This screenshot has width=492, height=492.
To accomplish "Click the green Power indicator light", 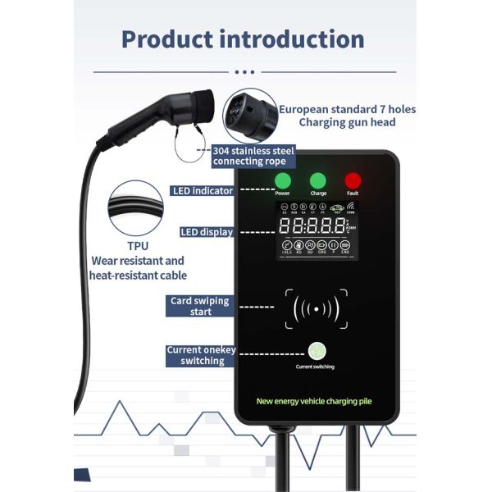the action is pyautogui.click(x=283, y=180).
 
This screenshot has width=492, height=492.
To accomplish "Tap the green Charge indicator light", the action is pyautogui.click(x=318, y=180).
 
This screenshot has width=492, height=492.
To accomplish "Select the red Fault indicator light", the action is pyautogui.click(x=353, y=180).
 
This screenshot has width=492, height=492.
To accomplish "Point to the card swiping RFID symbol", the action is pyautogui.click(x=316, y=308).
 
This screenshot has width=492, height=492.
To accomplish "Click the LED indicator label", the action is pyautogui.click(x=203, y=191).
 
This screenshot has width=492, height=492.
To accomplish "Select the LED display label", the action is pyautogui.click(x=207, y=232).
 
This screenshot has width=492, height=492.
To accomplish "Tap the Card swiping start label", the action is pyautogui.click(x=199, y=306).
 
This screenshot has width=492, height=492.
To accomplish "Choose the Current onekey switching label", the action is pyautogui.click(x=200, y=355).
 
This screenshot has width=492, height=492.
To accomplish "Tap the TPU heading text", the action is pyautogui.click(x=137, y=245).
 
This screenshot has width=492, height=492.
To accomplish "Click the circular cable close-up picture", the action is pyautogui.click(x=136, y=208).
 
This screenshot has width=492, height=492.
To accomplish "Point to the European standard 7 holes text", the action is pyautogui.click(x=347, y=108).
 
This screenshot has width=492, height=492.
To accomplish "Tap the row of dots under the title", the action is pyautogui.click(x=246, y=71).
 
